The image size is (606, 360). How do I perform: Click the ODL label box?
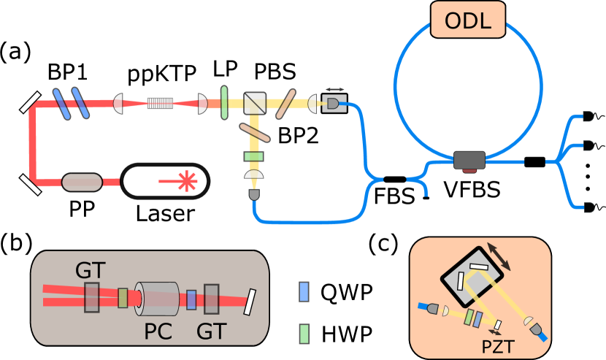[468, 20]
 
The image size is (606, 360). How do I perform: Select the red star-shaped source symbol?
[188, 181]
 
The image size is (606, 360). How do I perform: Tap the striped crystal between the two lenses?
[160, 103]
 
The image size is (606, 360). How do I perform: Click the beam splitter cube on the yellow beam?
[255, 103]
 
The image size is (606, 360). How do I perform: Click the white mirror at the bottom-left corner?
[31, 180]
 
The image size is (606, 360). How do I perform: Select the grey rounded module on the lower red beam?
[82, 182]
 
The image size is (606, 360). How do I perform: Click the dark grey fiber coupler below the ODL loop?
[469, 160]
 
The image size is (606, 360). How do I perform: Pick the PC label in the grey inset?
[158, 332]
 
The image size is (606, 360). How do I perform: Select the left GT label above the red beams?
[90, 270]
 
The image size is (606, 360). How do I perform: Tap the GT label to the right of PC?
[211, 332]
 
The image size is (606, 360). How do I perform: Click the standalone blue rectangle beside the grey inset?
[304, 291]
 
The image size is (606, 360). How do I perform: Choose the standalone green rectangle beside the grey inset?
[304, 334]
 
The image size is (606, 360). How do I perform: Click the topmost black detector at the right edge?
[588, 116]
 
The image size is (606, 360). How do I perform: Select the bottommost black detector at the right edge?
[588, 207]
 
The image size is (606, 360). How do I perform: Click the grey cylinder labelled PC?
[159, 299]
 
